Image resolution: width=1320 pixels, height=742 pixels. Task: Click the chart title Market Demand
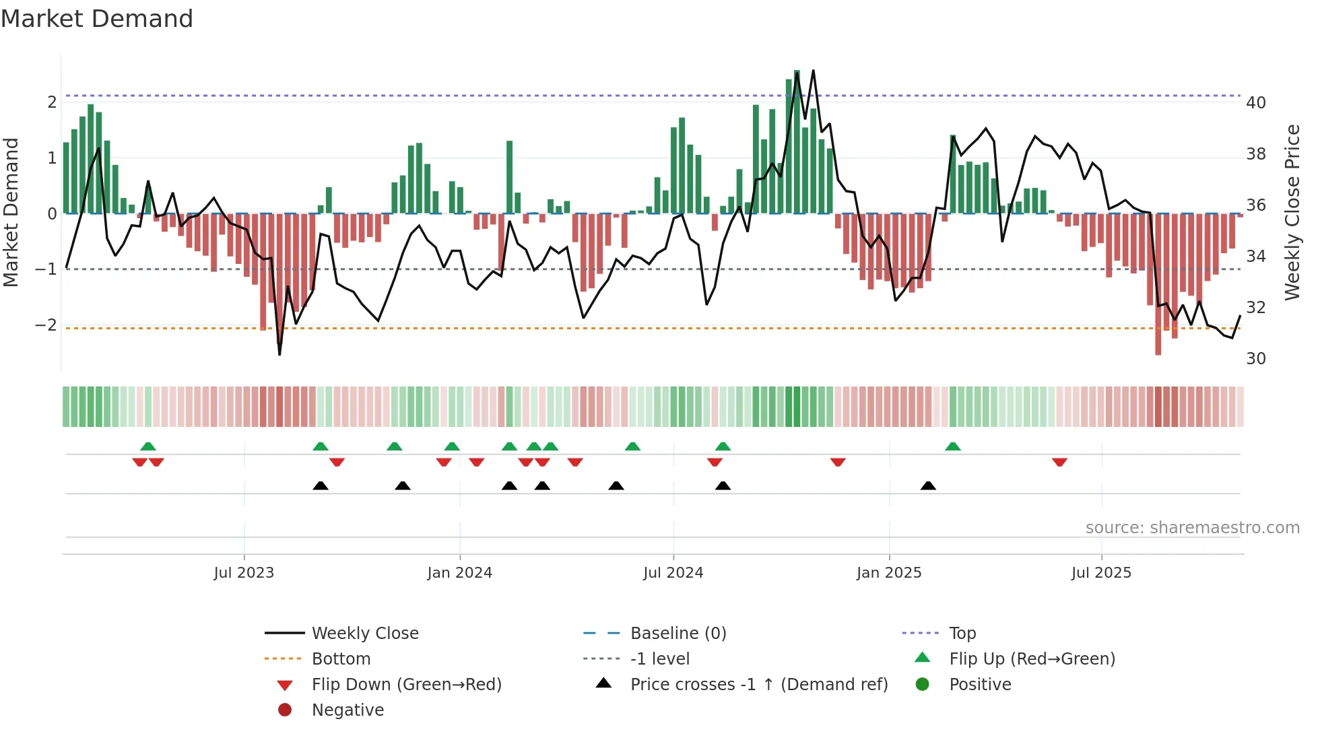click(x=97, y=19)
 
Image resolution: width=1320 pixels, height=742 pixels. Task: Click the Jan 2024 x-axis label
click(x=459, y=573)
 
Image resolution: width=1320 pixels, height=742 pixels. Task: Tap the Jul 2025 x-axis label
click(x=1101, y=573)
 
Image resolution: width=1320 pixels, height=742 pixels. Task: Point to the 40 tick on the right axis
click(x=1255, y=103)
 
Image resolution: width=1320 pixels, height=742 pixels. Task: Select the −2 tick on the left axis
click(x=46, y=325)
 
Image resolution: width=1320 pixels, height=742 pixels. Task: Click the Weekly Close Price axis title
click(x=1292, y=212)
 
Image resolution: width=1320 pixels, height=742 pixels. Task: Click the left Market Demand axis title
click(x=11, y=212)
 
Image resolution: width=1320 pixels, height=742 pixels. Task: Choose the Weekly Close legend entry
click(x=364, y=634)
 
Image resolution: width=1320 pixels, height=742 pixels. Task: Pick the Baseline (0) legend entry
click(x=678, y=634)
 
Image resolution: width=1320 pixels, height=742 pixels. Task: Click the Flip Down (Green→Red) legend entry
click(x=406, y=685)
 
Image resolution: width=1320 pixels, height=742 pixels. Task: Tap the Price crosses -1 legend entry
click(x=758, y=685)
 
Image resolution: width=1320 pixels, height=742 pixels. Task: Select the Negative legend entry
click(x=348, y=710)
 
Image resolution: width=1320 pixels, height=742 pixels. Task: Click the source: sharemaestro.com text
click(x=1192, y=528)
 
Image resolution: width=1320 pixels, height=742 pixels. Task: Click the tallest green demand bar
click(x=797, y=141)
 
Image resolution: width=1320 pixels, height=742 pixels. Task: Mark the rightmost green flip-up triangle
click(x=952, y=446)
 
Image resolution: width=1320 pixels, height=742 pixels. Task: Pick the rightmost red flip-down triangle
click(x=1059, y=462)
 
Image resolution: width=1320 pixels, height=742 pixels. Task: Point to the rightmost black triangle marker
click(x=928, y=485)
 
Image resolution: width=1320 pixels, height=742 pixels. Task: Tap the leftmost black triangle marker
click(x=321, y=485)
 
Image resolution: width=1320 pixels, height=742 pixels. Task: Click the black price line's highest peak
click(x=813, y=71)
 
